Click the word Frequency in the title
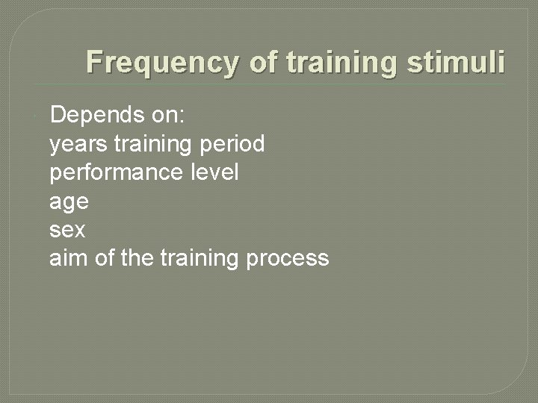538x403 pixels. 162,62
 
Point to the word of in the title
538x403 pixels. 262,62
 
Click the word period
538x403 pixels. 233,143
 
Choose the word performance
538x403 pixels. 114,172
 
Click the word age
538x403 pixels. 69,202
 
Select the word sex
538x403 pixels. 67,230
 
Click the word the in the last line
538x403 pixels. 136,258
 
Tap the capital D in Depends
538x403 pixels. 57,115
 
